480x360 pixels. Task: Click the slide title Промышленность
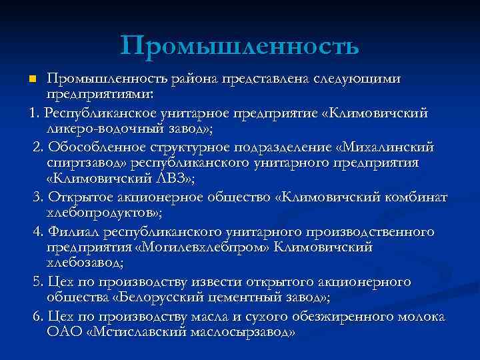[x=240, y=45]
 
